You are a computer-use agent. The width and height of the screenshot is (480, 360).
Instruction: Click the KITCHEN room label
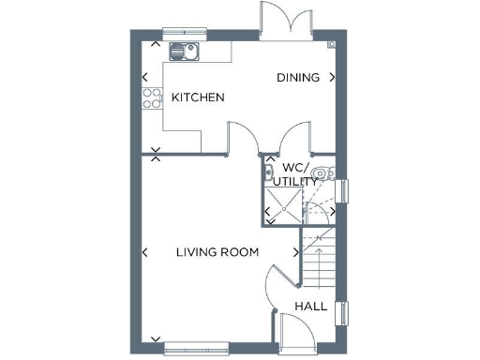(197, 97)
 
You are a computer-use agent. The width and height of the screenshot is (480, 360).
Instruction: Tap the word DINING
(298, 78)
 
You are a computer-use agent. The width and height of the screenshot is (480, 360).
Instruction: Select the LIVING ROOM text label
(218, 252)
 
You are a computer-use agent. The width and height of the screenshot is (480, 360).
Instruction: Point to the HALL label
(311, 307)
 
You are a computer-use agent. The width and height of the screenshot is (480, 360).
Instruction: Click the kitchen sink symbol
(184, 50)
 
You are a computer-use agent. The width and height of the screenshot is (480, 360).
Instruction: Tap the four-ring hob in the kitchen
(151, 97)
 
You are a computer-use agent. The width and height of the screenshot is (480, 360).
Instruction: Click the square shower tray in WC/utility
(283, 205)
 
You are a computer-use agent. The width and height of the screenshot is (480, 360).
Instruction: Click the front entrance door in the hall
(298, 332)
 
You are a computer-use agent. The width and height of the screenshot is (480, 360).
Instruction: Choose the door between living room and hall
(273, 285)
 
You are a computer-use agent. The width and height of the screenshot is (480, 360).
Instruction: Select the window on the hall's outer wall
(341, 315)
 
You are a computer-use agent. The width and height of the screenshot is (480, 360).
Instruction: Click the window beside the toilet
(342, 190)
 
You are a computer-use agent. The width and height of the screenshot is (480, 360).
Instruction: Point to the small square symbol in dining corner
(332, 44)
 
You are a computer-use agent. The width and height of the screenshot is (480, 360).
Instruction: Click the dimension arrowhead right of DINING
(331, 78)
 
